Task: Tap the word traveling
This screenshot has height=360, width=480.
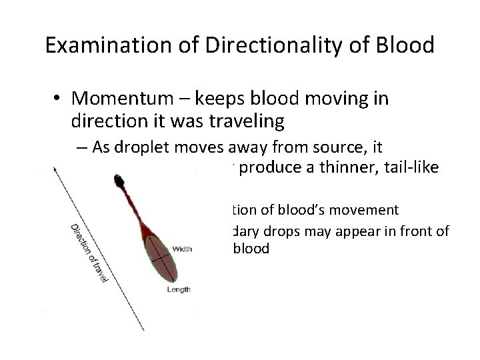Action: pyautogui.click(x=225, y=122)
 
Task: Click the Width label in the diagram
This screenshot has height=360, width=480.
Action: pyautogui.click(x=182, y=249)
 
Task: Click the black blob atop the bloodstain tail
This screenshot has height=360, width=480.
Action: pyautogui.click(x=120, y=181)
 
